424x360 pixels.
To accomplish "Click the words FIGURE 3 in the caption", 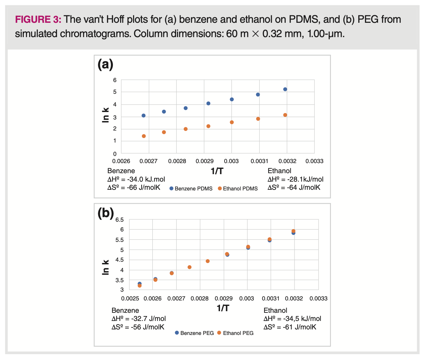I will (x=38, y=20).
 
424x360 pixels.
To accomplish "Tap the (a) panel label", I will (x=105, y=64).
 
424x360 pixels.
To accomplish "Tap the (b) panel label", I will (x=106, y=213).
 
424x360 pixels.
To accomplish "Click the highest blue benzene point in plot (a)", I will (x=285, y=89).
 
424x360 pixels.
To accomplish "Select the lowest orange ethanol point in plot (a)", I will (x=144, y=136).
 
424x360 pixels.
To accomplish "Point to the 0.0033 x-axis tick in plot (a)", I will (x=314, y=161).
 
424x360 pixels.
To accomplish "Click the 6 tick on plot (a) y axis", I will (x=115, y=80).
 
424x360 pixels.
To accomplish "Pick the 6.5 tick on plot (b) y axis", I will (x=119, y=220).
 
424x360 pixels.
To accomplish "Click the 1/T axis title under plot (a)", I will (x=217, y=171).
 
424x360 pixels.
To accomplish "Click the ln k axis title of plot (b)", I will (x=105, y=267).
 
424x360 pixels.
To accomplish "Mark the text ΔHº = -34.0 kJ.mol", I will (x=136, y=179).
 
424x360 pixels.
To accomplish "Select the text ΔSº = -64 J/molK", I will (x=294, y=187).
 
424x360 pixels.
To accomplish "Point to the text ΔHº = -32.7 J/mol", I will (x=139, y=319).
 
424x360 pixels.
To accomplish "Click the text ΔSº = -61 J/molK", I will (x=290, y=327).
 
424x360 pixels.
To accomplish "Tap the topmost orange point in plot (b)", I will (x=293, y=231).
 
